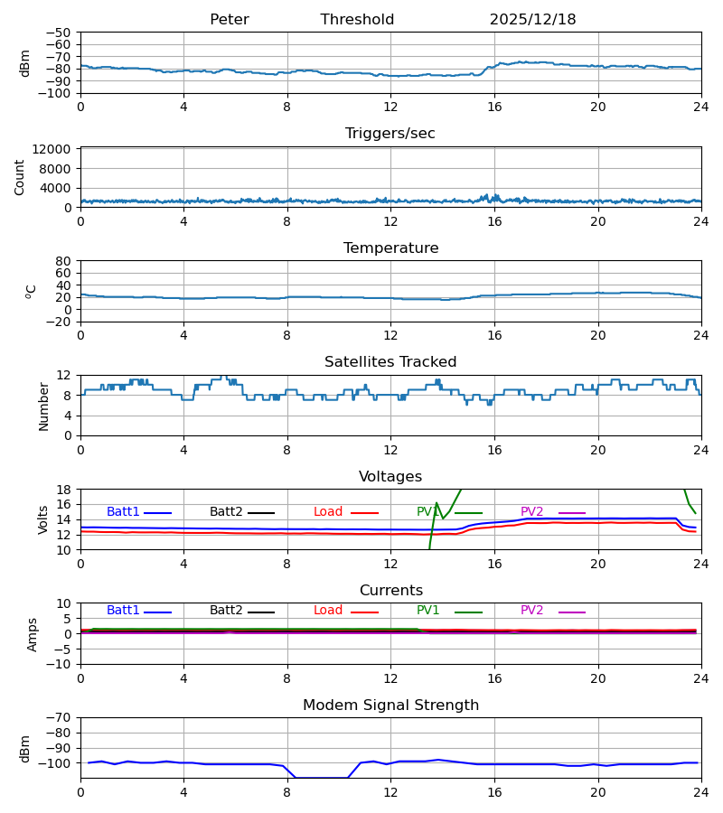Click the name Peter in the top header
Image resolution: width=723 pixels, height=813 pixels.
click(229, 20)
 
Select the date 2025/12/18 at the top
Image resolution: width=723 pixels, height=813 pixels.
click(532, 20)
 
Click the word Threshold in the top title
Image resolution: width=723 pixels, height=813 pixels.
click(357, 20)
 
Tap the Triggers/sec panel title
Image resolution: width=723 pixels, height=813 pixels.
click(390, 134)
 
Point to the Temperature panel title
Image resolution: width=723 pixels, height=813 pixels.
click(390, 248)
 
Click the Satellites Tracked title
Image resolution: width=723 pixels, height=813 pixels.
click(390, 362)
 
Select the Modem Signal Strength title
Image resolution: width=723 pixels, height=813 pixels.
click(390, 706)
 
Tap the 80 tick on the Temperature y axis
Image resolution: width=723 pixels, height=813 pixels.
click(64, 261)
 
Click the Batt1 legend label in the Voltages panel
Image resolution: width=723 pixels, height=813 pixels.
click(123, 512)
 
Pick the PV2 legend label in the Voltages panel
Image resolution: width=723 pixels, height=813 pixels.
click(531, 512)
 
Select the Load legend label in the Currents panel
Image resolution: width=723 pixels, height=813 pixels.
click(328, 611)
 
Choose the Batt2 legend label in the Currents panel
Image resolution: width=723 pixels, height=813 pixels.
click(226, 611)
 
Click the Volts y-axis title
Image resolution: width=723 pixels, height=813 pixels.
click(43, 519)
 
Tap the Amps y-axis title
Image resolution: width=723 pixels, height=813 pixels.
click(33, 634)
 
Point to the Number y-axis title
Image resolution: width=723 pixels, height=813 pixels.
click(43, 406)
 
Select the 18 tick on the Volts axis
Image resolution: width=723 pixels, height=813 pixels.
click(64, 490)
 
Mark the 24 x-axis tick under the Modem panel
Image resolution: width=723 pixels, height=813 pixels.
click(700, 792)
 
